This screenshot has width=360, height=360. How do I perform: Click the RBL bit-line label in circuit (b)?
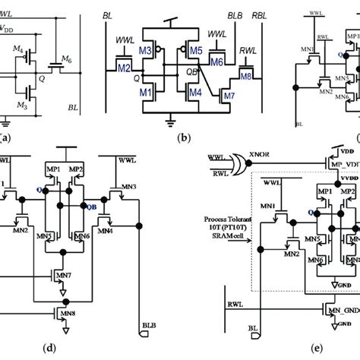click(261, 14)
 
